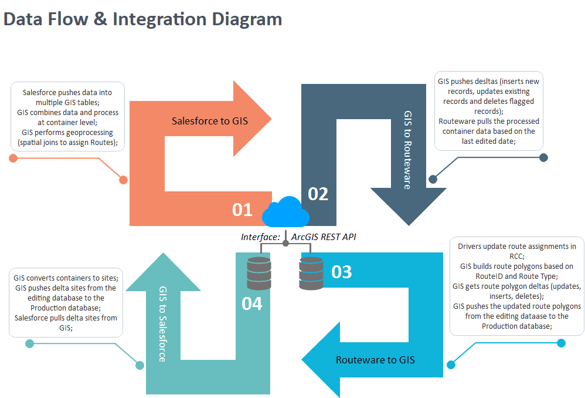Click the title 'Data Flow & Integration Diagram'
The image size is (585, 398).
point(142,19)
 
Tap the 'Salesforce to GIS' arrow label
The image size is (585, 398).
point(209,121)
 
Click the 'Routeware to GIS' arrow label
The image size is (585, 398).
point(375,359)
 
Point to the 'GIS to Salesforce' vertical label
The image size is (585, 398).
point(163,323)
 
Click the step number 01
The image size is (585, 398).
point(242,210)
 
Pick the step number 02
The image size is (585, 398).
point(318,194)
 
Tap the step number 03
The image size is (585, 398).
point(342,272)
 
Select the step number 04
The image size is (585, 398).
point(252,303)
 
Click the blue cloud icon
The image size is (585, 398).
point(286,212)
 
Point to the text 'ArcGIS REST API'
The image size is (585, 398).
point(324,237)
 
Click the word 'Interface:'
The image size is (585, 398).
point(261,237)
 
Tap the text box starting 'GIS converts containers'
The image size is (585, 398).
point(66,302)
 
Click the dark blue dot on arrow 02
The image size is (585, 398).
point(434,179)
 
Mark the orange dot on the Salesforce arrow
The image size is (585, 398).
point(123,180)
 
